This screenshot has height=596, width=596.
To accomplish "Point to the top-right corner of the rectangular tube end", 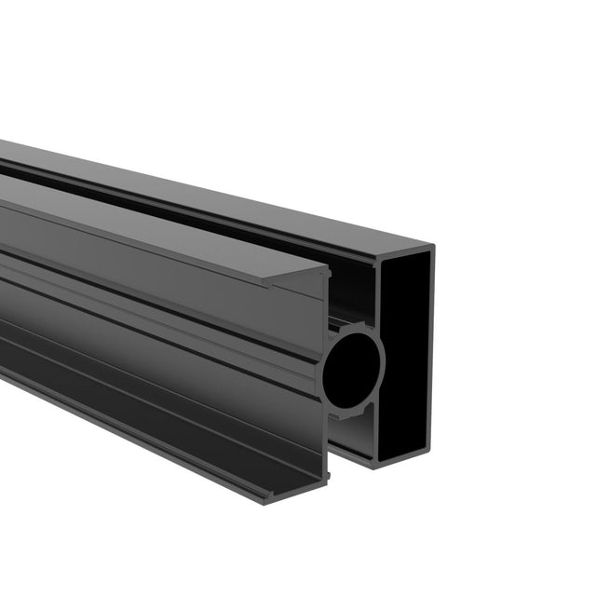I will coord(433,246).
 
